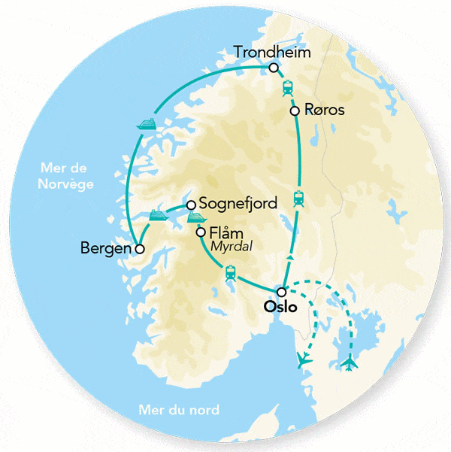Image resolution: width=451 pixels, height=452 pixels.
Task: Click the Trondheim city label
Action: [272, 52]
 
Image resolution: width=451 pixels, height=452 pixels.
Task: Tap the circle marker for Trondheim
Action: [274, 68]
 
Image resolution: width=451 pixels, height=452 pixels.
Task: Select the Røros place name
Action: [325, 111]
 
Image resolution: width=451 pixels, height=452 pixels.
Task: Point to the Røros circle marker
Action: [295, 111]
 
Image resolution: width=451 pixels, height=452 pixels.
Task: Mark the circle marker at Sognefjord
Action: [191, 204]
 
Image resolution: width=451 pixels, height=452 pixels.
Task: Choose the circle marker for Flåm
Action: [201, 232]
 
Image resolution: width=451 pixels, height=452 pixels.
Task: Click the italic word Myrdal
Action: [231, 247]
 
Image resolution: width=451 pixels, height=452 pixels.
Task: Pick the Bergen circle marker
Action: [138, 247]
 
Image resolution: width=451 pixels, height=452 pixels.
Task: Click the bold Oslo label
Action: [282, 308]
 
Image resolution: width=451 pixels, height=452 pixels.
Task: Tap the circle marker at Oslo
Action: [281, 292]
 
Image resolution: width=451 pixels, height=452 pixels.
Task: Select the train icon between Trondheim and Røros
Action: [287, 89]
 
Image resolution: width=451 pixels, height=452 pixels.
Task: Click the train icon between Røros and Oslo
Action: [298, 199]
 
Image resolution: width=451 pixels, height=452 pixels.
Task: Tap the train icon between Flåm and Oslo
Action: [230, 274]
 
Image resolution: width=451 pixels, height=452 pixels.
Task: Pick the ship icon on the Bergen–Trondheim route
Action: [146, 125]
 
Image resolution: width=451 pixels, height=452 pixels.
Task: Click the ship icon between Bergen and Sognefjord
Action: [158, 215]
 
